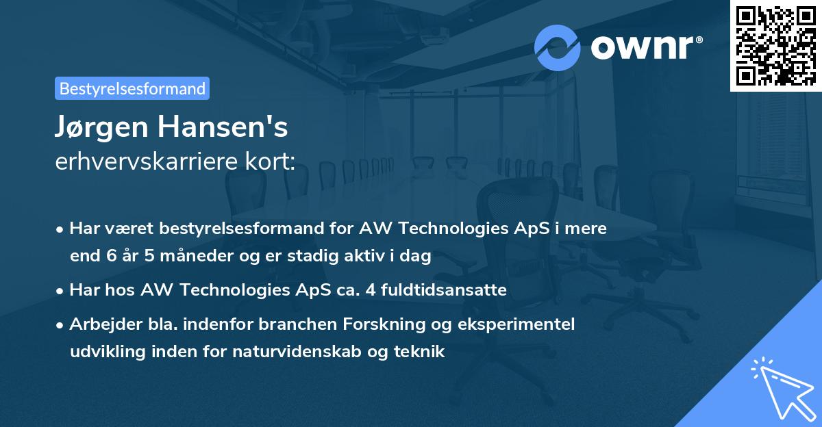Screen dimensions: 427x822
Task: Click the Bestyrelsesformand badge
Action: tap(132, 88)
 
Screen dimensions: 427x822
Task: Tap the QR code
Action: tap(775, 45)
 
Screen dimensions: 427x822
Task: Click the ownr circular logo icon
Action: tap(558, 48)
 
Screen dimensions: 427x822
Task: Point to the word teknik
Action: tap(422, 352)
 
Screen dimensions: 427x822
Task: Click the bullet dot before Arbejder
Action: tap(61, 324)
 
